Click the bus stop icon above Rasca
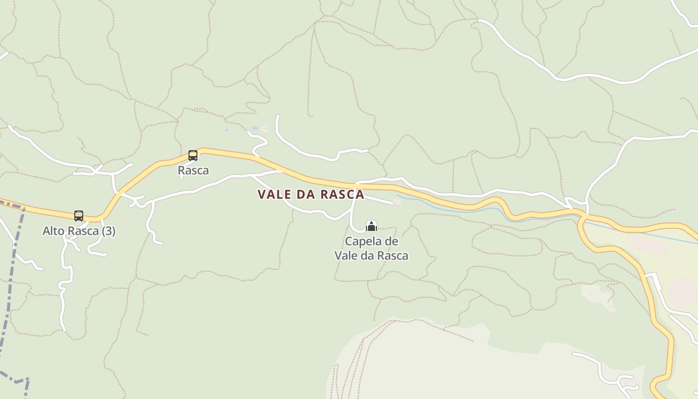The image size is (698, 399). click(193, 155)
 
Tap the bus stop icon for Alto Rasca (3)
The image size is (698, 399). click(79, 215)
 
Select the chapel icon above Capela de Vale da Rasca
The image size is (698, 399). click(371, 226)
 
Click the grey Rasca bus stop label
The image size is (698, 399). click(193, 170)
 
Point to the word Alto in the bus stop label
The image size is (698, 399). click(53, 231)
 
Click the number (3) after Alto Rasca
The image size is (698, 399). click(108, 231)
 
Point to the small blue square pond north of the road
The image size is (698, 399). click(255, 128)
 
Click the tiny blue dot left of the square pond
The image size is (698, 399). click(226, 130)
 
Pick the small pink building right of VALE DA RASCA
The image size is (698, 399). click(397, 201)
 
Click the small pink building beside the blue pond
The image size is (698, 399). click(264, 129)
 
